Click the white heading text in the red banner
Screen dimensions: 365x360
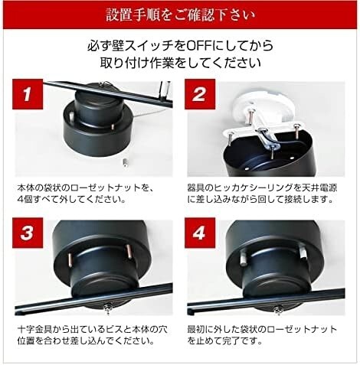(x=180, y=15)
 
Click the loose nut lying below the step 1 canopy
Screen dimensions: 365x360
(x=123, y=162)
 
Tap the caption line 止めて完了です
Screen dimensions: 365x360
(x=229, y=342)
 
